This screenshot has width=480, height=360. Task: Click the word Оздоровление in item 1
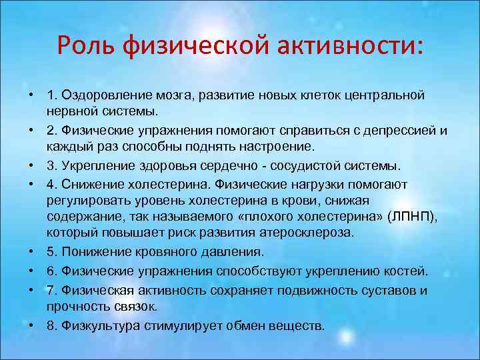coord(100,95)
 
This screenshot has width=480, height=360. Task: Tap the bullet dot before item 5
coord(31,251)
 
